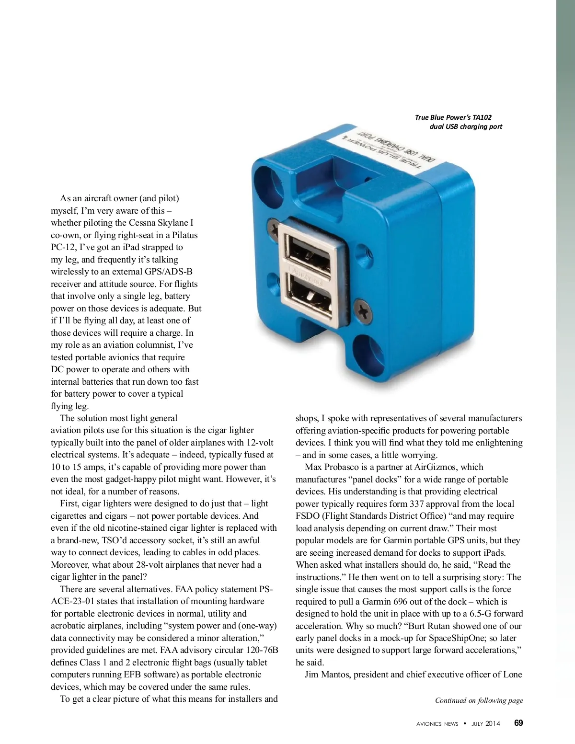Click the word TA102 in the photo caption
click(x=482, y=117)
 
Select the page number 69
click(x=518, y=723)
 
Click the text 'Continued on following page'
click(x=479, y=700)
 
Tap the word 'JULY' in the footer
click(x=477, y=724)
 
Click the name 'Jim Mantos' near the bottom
click(x=326, y=675)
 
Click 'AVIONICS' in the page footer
click(x=429, y=724)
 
